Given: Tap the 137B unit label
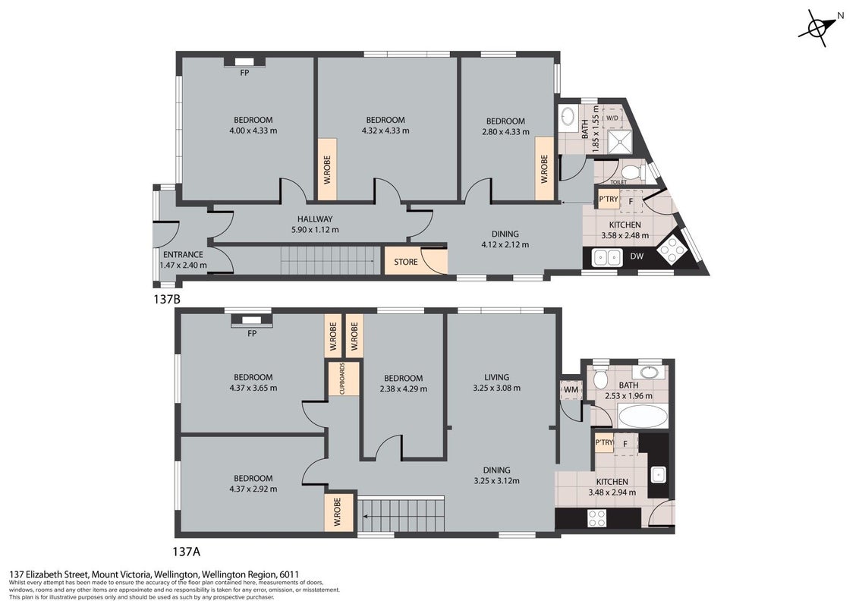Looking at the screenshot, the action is tap(167, 300).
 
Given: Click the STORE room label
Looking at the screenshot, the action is tap(406, 262).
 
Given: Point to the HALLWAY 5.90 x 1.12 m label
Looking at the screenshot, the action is tap(315, 225).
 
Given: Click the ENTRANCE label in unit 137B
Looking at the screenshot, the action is tap(183, 255).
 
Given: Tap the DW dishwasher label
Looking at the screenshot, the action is tap(637, 256).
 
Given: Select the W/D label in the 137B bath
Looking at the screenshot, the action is tap(612, 118).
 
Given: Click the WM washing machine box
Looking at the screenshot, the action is tap(571, 389).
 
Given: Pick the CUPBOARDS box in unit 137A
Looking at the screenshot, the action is tap(343, 378).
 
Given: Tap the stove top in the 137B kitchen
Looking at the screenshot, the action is tap(670, 250).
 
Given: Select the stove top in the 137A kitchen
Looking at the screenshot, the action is tap(596, 517).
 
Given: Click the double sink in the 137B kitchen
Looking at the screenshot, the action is tap(606, 256).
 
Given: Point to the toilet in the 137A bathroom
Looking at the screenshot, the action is tap(600, 377).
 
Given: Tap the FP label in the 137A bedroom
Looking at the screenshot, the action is tap(252, 334).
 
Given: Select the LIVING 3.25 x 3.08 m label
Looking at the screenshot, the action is tap(496, 382).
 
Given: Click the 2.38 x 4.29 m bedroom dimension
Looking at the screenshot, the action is tap(403, 389).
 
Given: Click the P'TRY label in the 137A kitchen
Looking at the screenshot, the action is tap(604, 442).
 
